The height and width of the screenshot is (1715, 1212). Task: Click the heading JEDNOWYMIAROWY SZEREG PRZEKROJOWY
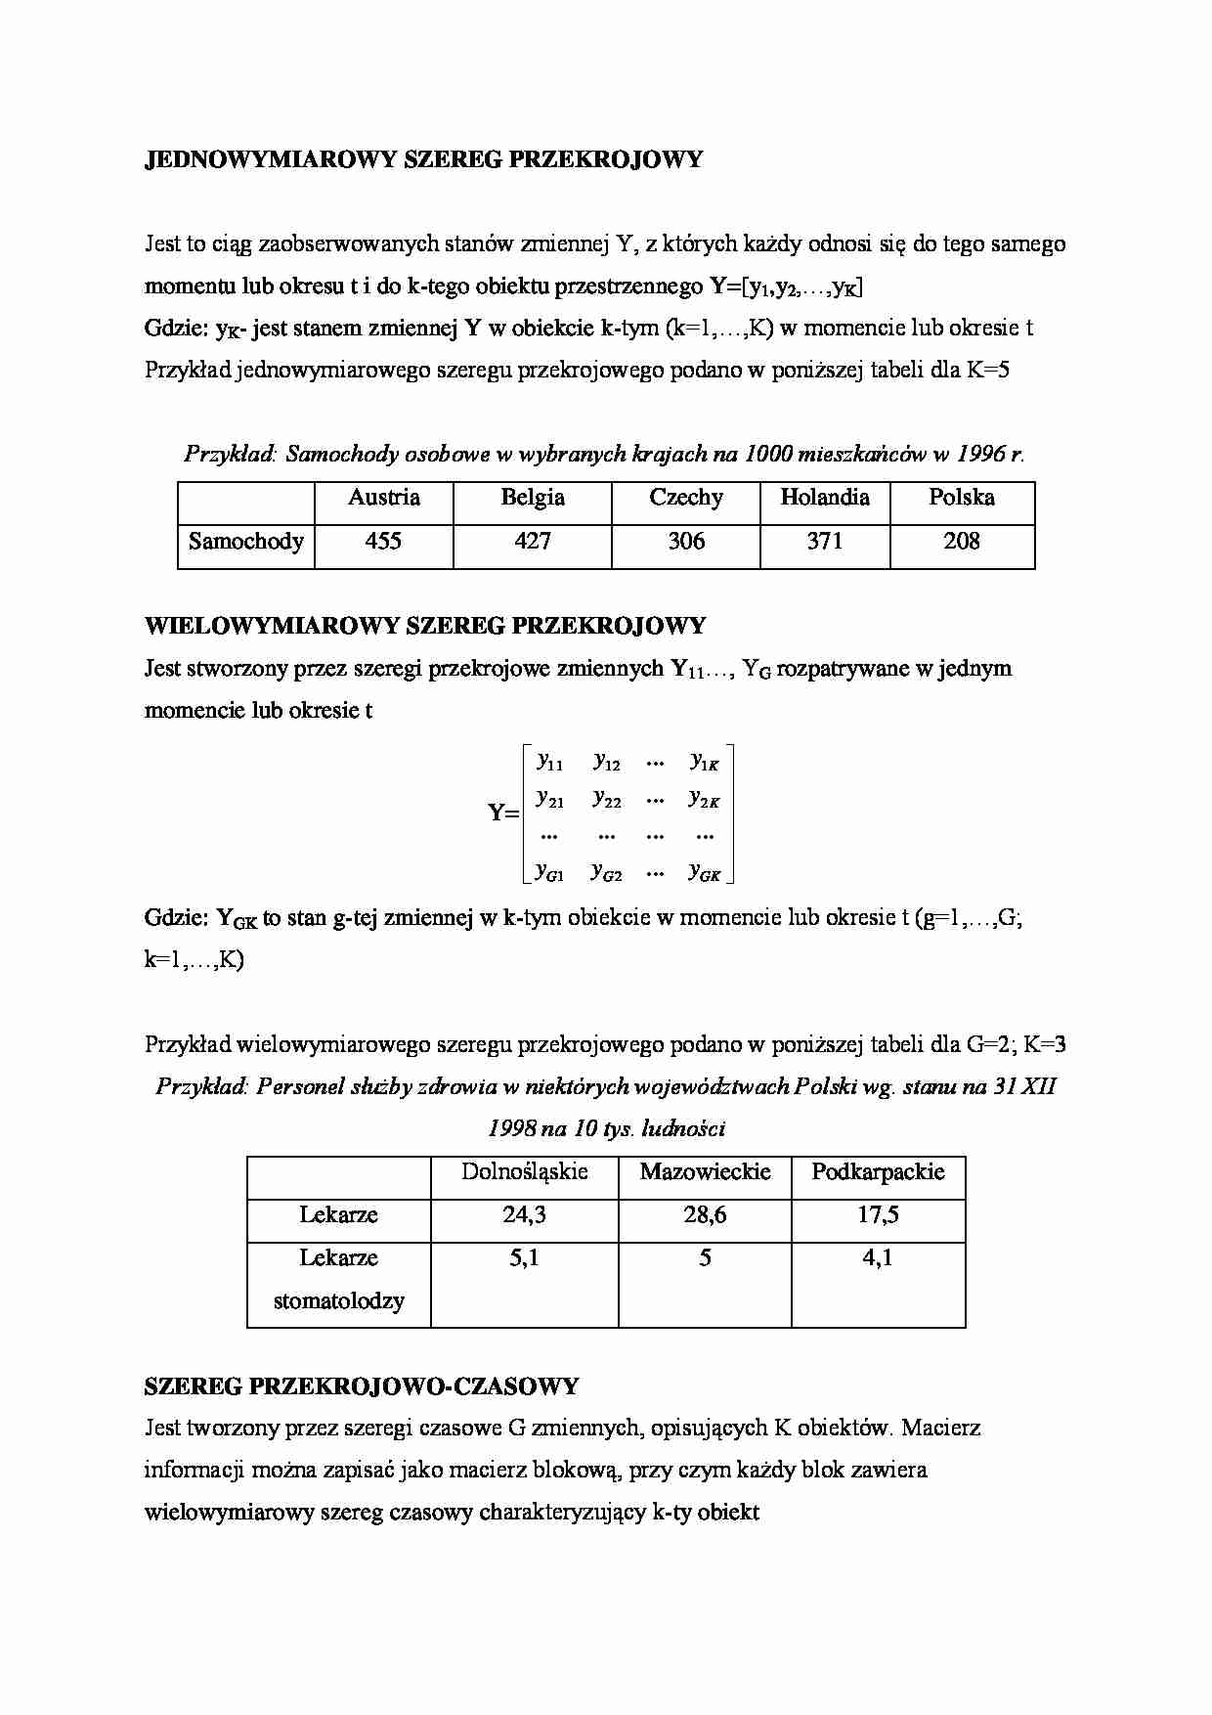click(x=423, y=160)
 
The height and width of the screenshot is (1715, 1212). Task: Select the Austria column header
click(x=383, y=498)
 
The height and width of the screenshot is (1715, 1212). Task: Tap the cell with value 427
click(x=532, y=541)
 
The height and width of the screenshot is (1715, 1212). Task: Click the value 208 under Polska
click(x=961, y=541)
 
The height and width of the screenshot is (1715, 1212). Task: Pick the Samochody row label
click(x=245, y=542)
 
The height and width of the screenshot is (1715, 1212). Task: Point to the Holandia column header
click(x=824, y=498)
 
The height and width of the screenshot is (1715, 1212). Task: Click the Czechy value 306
click(x=685, y=541)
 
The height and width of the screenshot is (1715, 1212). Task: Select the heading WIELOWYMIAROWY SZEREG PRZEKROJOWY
click(x=425, y=626)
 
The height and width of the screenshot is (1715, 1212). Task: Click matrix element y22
click(x=607, y=799)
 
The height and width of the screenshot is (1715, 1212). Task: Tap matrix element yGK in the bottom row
click(x=705, y=871)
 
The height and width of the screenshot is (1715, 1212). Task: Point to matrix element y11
click(x=550, y=762)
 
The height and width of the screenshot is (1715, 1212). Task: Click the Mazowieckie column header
click(x=705, y=1171)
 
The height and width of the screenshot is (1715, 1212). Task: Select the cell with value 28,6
click(x=705, y=1215)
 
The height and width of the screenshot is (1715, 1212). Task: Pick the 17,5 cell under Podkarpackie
click(x=878, y=1215)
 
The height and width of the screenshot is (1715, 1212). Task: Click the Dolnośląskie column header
click(x=524, y=1171)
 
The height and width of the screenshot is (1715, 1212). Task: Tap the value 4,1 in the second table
click(x=877, y=1258)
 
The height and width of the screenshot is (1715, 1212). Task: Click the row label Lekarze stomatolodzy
click(x=338, y=1280)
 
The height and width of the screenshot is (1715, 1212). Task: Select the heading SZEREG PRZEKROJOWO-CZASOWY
click(x=361, y=1386)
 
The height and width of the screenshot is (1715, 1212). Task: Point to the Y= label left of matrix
click(x=502, y=813)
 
